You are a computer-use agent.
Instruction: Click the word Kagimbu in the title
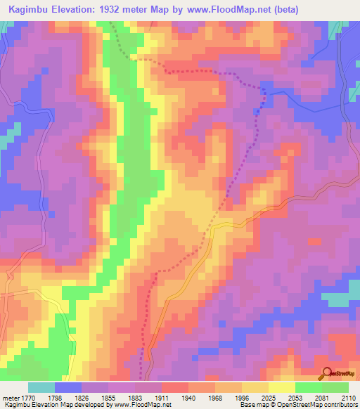click(29, 10)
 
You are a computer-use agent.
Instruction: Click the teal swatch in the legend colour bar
click(41, 387)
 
